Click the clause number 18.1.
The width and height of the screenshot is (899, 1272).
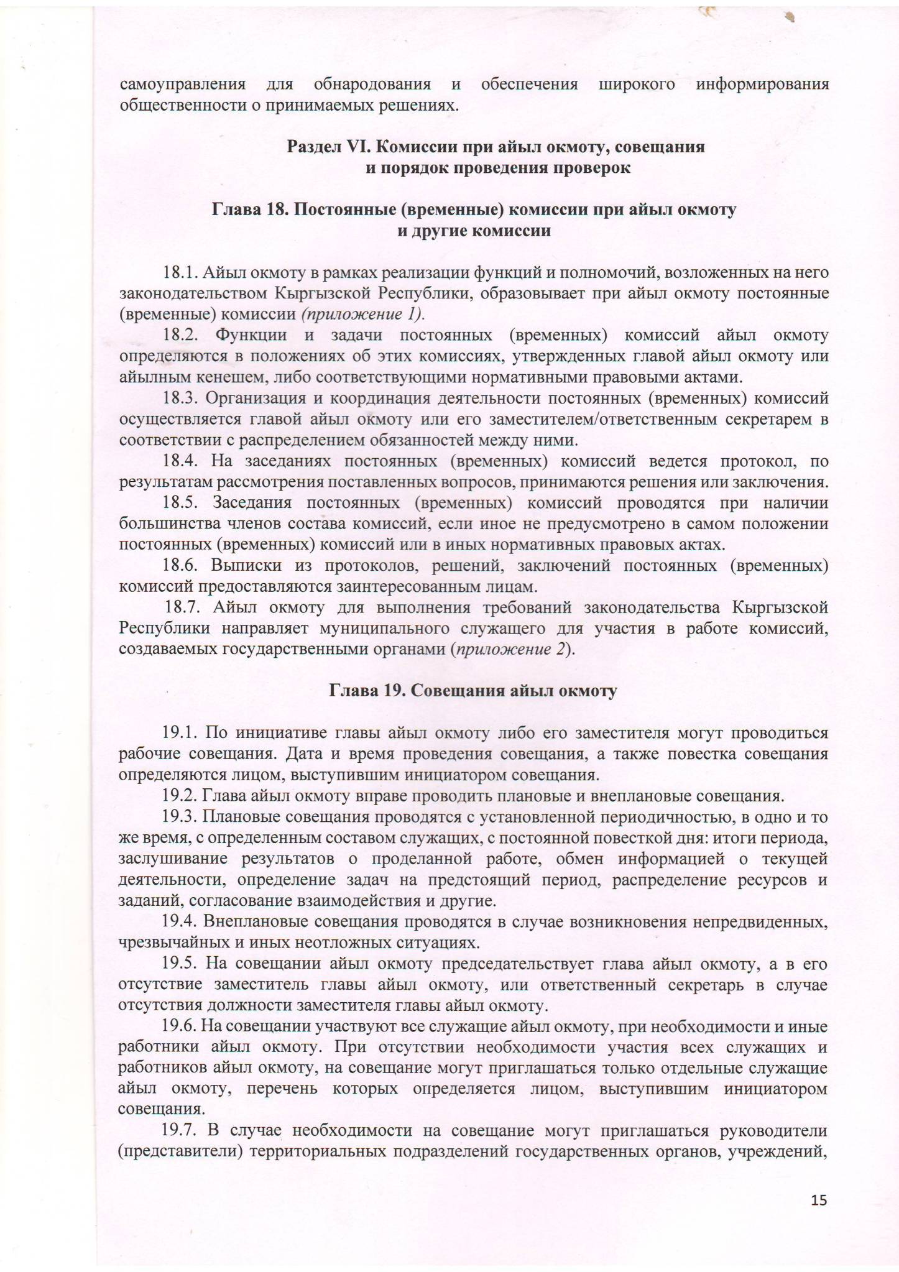(180, 272)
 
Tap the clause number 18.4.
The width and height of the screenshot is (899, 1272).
(180, 461)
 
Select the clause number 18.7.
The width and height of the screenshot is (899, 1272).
(183, 607)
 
